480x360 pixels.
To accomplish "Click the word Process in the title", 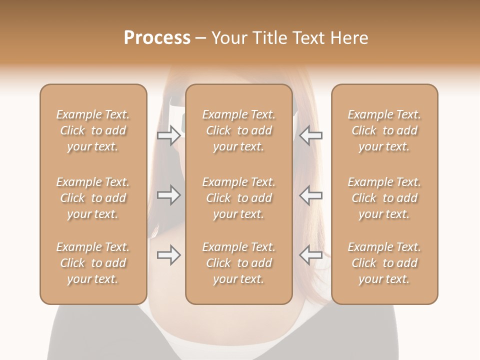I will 157,38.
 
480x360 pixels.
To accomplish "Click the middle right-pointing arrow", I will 168,195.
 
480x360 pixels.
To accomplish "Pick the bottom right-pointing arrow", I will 168,255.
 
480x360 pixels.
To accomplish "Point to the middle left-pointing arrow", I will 311,195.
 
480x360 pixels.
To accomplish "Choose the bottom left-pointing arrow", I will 311,255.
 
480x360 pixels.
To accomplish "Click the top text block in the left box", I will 93,130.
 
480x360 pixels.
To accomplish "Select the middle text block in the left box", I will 93,198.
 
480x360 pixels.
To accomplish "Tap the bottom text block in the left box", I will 93,263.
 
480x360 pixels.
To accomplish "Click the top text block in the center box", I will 239,130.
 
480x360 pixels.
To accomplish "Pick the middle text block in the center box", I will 239,198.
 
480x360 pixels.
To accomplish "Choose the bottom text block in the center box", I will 239,263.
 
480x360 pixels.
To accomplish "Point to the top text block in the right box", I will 384,130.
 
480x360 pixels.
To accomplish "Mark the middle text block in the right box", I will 384,198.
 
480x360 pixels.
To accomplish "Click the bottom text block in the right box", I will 384,263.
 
